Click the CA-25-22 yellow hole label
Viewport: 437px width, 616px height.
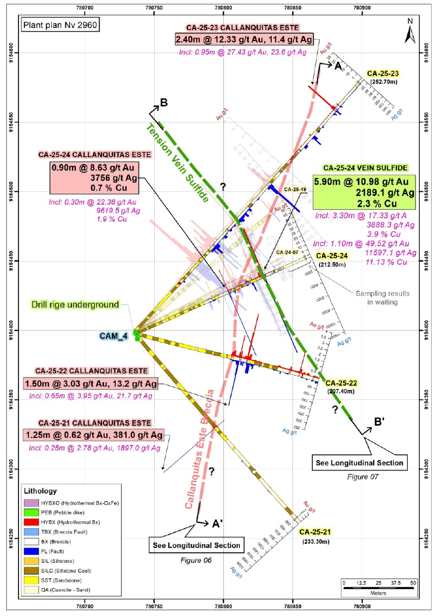(341, 383)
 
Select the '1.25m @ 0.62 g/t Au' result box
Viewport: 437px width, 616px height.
(93, 434)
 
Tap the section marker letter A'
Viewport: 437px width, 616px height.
(217, 523)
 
